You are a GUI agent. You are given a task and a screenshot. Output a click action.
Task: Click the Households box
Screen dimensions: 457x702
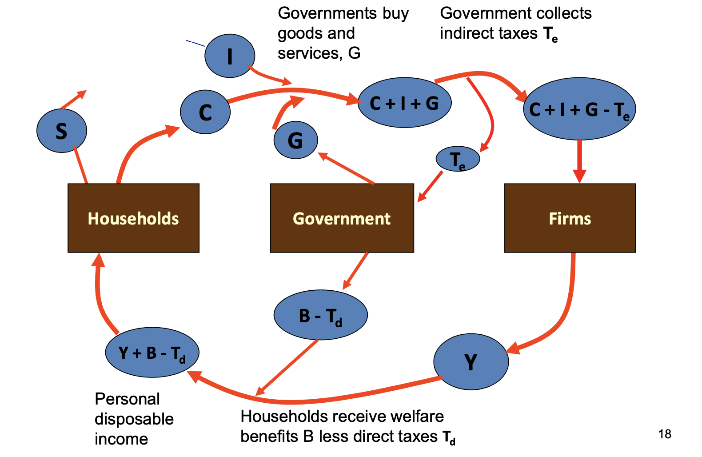point(133,218)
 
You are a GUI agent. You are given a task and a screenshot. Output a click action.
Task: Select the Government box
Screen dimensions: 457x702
point(342,218)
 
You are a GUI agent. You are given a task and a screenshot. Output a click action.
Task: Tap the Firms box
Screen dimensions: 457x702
point(570,218)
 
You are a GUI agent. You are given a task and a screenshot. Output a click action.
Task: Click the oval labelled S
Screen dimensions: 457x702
point(62,131)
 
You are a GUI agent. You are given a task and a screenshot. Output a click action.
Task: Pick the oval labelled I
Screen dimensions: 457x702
point(230,56)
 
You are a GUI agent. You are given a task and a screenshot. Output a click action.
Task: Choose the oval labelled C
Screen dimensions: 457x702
point(205,112)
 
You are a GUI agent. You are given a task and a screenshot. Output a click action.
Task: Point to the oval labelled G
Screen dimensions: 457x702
point(295,140)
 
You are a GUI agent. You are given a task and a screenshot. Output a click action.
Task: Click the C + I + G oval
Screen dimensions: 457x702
point(404,103)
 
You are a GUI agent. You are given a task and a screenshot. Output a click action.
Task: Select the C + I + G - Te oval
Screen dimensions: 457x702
point(579,109)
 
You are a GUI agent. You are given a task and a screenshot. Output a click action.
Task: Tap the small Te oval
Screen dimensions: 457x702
point(458,159)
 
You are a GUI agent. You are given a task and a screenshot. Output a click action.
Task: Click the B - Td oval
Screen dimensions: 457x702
point(320,315)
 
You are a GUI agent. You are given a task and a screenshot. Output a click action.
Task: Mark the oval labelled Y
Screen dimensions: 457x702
point(471,362)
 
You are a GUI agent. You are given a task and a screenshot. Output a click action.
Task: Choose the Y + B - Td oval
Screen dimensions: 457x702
point(152,353)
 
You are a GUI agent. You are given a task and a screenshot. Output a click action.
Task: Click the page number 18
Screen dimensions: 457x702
point(665,434)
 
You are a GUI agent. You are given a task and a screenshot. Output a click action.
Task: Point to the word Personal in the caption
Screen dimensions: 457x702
point(127,399)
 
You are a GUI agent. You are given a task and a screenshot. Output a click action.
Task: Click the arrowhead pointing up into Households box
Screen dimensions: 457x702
point(98,260)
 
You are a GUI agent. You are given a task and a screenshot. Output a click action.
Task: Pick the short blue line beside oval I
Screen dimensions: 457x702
point(195,43)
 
